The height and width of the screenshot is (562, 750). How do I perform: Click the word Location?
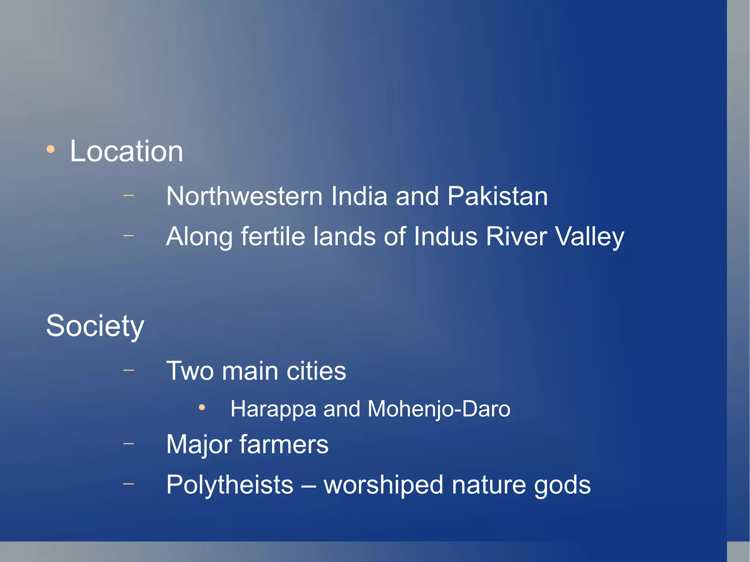tap(126, 151)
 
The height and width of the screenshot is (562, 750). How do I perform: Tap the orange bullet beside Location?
tap(51, 149)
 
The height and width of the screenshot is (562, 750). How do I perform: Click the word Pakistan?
tap(497, 196)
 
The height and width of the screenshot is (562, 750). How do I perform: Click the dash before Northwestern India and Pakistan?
tap(129, 196)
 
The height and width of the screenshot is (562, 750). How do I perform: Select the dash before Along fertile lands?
tap(129, 236)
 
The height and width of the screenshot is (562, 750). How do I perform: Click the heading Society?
tap(95, 326)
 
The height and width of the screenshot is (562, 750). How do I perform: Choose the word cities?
tap(316, 371)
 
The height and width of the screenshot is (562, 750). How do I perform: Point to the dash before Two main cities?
tap(129, 370)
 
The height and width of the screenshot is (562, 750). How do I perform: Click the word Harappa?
tap(273, 409)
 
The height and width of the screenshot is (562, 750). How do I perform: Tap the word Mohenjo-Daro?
tap(439, 409)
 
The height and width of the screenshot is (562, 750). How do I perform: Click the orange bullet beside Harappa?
tap(202, 407)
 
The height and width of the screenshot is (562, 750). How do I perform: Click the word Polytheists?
tap(230, 485)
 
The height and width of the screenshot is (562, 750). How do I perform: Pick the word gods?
tap(562, 485)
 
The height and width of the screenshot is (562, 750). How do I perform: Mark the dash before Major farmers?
tap(129, 444)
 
